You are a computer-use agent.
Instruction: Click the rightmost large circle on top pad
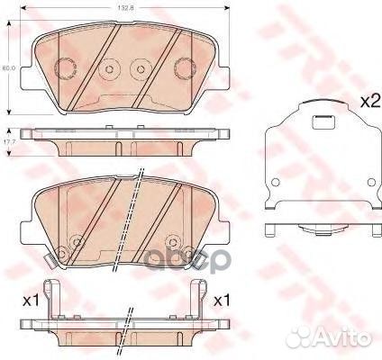pos(183,67)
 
